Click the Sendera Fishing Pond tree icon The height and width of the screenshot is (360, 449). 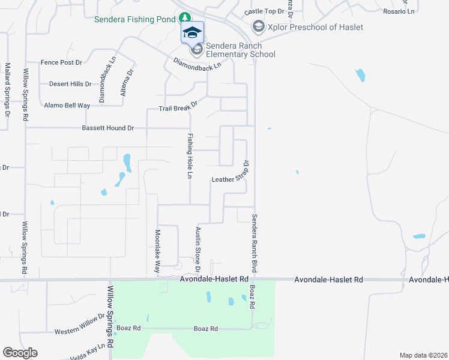(x=185, y=19)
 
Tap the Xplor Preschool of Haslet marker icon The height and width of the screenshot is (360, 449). (x=258, y=27)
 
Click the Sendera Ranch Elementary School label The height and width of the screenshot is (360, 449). (x=240, y=50)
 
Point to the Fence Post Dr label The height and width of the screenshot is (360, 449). (x=61, y=62)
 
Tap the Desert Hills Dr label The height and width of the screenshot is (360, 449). (x=70, y=84)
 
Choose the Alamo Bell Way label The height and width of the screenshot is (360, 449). (x=67, y=105)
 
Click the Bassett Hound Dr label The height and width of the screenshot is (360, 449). (x=108, y=128)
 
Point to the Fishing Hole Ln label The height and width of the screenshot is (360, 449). (x=190, y=155)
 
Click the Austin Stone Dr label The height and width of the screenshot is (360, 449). (x=197, y=248)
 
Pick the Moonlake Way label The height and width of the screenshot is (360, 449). (x=157, y=251)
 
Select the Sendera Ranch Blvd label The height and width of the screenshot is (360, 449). (x=255, y=244)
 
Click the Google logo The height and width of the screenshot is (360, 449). (x=20, y=353)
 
